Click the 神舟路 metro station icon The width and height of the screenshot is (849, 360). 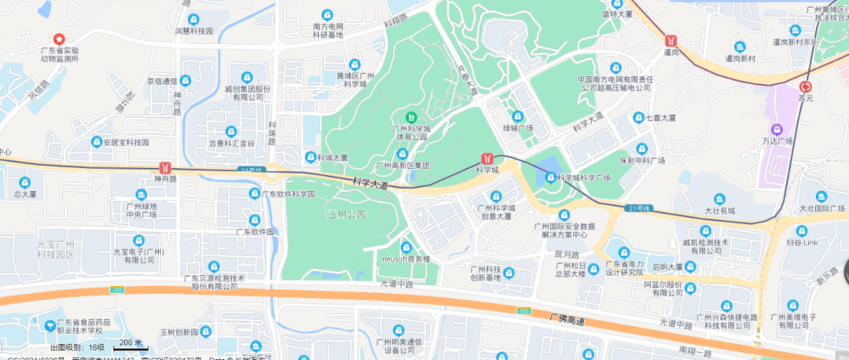point(165,167)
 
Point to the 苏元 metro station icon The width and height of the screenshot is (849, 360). point(805,87)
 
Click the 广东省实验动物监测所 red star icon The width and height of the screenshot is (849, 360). point(58,39)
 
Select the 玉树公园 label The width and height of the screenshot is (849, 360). point(347,214)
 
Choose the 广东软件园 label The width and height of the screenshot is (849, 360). point(255,232)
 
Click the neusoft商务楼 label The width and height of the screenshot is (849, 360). point(406,258)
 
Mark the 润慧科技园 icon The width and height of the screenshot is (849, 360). point(193,19)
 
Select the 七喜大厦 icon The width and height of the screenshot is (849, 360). point(638,118)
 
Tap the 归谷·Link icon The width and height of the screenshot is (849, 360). point(801,230)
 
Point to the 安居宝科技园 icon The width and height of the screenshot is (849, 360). point(97,142)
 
